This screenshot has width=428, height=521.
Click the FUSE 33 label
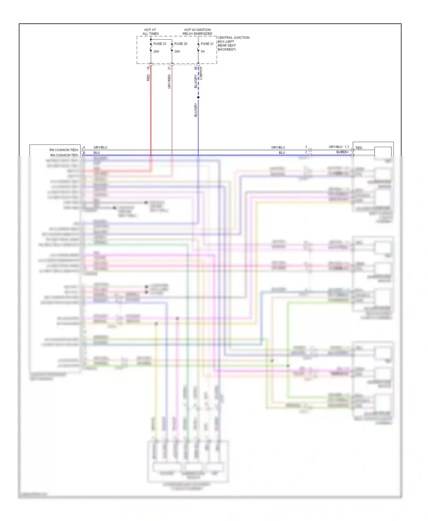(160, 44)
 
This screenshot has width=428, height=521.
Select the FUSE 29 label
(181, 44)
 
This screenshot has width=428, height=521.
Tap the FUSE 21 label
(207, 44)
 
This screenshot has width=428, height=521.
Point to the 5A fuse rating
(203, 52)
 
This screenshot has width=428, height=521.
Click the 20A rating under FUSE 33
(156, 52)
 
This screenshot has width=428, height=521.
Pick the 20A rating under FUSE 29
(177, 52)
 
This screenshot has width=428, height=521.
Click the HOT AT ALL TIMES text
(150, 32)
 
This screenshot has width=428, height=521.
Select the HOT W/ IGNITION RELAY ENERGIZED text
(197, 32)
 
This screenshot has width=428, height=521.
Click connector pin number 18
(148, 68)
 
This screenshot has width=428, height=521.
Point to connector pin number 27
(169, 68)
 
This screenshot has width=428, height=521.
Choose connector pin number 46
(195, 68)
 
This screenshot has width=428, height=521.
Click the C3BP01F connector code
(201, 73)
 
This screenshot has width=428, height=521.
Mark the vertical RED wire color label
(148, 78)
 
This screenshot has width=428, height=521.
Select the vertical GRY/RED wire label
(169, 82)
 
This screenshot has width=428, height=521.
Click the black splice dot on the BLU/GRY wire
(198, 97)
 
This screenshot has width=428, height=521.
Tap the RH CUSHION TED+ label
(64, 150)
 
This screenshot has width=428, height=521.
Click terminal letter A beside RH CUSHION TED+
(84, 148)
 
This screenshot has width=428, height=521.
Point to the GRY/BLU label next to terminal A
(100, 148)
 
